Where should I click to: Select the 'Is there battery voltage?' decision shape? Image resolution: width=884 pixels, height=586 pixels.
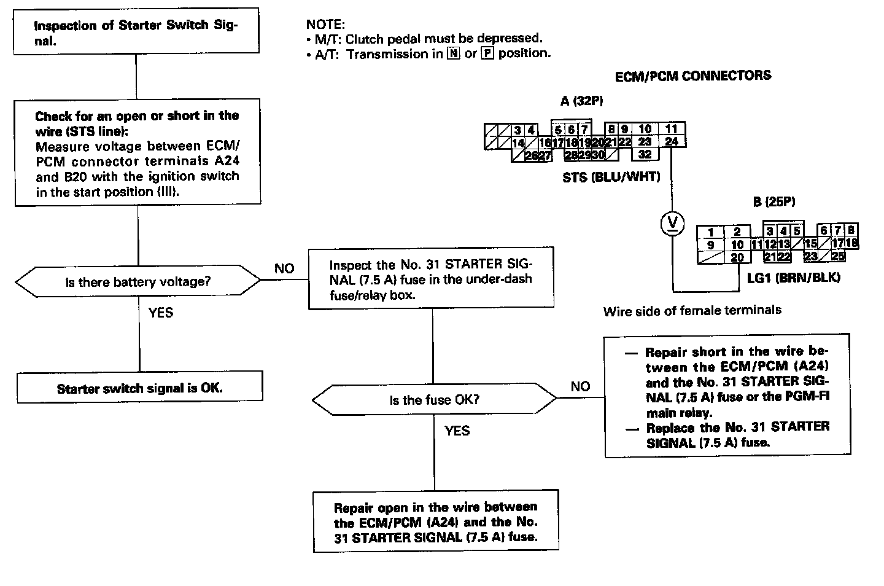138,282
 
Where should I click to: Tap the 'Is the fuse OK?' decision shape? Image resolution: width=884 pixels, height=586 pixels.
434,400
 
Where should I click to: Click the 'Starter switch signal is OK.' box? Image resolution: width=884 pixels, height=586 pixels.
139,388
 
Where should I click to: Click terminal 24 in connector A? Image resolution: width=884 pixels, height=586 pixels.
672,141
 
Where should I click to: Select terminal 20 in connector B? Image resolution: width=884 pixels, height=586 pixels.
737,257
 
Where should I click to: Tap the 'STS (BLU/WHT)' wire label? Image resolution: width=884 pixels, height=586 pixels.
611,178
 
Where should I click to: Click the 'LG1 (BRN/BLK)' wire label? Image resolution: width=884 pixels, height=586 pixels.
793,277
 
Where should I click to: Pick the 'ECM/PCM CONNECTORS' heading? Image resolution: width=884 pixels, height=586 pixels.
693,76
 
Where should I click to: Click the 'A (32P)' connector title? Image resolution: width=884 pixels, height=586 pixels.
581,101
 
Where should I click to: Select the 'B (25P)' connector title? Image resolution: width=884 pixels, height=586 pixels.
774,201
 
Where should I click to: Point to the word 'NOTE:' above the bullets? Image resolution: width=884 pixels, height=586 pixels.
325,25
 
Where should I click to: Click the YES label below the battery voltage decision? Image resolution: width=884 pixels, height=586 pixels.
161,313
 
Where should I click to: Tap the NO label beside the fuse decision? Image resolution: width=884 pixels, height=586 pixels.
580,386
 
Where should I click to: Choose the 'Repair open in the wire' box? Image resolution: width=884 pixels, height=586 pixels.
435,522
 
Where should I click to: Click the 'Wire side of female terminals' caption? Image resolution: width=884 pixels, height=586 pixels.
692,310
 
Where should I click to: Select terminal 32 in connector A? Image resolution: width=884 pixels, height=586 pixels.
645,154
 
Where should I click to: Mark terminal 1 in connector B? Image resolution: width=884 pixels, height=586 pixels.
711,232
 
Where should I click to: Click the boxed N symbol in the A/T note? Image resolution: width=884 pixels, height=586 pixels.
453,53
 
